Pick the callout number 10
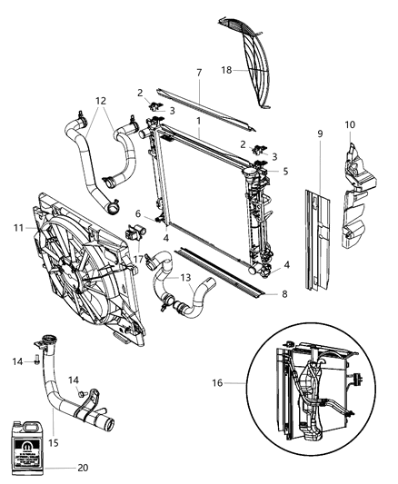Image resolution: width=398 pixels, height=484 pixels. (x=350, y=123)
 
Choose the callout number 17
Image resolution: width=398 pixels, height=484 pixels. (x=137, y=259)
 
